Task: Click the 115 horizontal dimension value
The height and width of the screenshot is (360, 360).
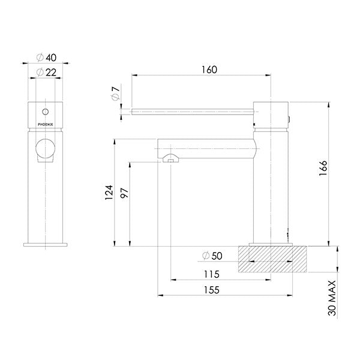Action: coord(211,274)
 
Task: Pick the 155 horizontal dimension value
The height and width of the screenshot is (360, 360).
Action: coord(210,290)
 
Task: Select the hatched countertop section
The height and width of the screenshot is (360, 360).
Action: coord(272,257)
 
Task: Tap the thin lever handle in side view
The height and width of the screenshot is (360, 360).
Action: coord(192,110)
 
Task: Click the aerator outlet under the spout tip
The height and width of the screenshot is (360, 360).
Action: coord(170,159)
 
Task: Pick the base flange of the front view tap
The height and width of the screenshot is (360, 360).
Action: coord(46,244)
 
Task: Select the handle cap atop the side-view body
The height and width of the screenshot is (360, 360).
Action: coord(272,114)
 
